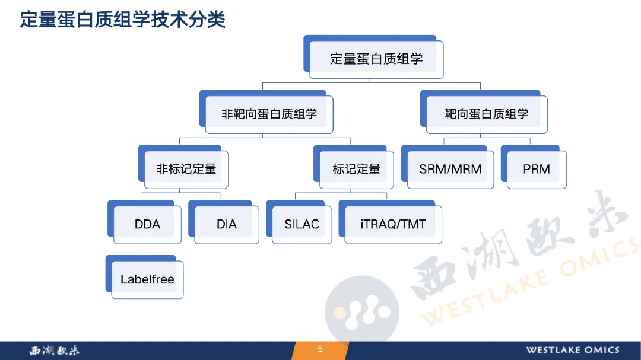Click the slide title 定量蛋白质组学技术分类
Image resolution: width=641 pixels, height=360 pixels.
(x=123, y=20)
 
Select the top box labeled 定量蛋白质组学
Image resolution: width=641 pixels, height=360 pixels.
(x=373, y=57)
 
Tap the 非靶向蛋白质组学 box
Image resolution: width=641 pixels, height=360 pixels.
(x=266, y=112)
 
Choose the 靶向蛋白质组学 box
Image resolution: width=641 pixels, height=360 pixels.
(x=484, y=112)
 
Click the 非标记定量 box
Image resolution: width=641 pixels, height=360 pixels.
(x=183, y=167)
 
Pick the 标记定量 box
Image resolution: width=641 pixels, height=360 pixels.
(x=354, y=167)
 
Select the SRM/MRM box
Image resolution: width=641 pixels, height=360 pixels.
(x=448, y=167)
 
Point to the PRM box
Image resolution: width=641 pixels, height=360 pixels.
(x=534, y=167)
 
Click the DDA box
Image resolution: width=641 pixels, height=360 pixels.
(x=144, y=222)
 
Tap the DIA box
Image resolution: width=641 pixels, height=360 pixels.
(x=224, y=222)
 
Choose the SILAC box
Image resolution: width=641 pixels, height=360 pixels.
(x=299, y=222)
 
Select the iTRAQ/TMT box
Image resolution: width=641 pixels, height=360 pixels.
(x=391, y=222)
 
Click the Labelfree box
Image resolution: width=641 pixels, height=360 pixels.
(x=144, y=277)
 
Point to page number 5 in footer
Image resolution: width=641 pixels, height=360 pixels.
(x=320, y=349)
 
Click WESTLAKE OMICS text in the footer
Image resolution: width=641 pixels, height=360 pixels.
(x=573, y=350)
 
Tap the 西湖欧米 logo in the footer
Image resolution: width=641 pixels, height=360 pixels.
(x=55, y=350)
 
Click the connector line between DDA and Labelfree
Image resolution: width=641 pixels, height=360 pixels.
(x=141, y=250)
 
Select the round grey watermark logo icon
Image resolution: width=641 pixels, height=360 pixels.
(x=362, y=311)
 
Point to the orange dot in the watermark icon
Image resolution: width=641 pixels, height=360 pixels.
(x=339, y=313)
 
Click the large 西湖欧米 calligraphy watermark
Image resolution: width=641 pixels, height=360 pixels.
(x=519, y=245)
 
